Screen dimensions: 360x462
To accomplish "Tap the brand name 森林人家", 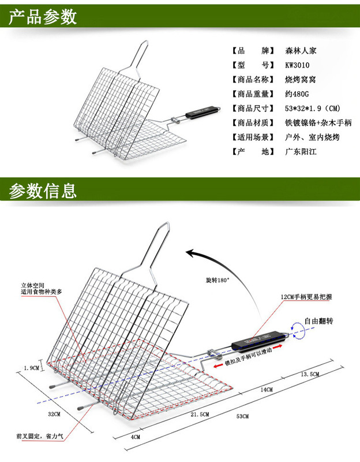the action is coord(301,50).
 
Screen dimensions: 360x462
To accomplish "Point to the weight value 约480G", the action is coord(298,94).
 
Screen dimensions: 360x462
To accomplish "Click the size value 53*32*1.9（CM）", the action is coord(314,108).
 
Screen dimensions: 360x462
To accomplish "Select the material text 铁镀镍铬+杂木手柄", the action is coord(318,122).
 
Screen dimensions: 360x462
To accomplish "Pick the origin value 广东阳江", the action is coord(301,151).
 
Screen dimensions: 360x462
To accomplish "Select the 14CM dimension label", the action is coord(266,390).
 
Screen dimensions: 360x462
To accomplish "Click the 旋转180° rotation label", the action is coord(217,280).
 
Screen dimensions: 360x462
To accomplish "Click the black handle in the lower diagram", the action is coord(260,340).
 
